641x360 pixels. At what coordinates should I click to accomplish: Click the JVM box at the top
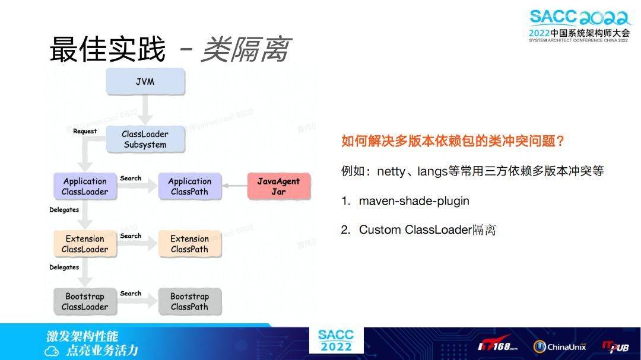point(145,82)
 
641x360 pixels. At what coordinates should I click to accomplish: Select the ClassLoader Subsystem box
point(145,139)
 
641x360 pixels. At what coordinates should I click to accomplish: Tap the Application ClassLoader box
point(85,186)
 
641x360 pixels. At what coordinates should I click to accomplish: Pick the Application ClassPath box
point(189,186)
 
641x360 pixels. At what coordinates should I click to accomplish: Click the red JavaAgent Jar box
point(278,186)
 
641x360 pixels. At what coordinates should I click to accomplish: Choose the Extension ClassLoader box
point(85,244)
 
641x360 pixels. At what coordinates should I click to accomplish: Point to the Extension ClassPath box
point(189,244)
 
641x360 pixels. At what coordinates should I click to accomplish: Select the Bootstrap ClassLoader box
point(85,301)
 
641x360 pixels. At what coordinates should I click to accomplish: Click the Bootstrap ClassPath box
point(189,301)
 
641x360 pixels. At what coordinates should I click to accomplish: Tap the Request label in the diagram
point(85,131)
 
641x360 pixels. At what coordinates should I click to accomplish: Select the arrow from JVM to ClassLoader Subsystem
point(145,111)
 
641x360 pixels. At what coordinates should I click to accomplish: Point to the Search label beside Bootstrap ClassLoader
point(131,294)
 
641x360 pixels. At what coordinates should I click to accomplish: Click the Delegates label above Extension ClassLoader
point(64,209)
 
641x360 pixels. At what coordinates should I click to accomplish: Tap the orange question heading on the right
point(452,142)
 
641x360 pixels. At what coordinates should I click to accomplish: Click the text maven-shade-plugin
point(414,201)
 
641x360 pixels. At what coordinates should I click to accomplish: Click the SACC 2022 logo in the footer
point(335,340)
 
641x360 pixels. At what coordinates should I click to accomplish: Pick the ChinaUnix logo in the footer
point(559,347)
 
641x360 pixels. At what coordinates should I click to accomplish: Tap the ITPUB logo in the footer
point(615,347)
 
